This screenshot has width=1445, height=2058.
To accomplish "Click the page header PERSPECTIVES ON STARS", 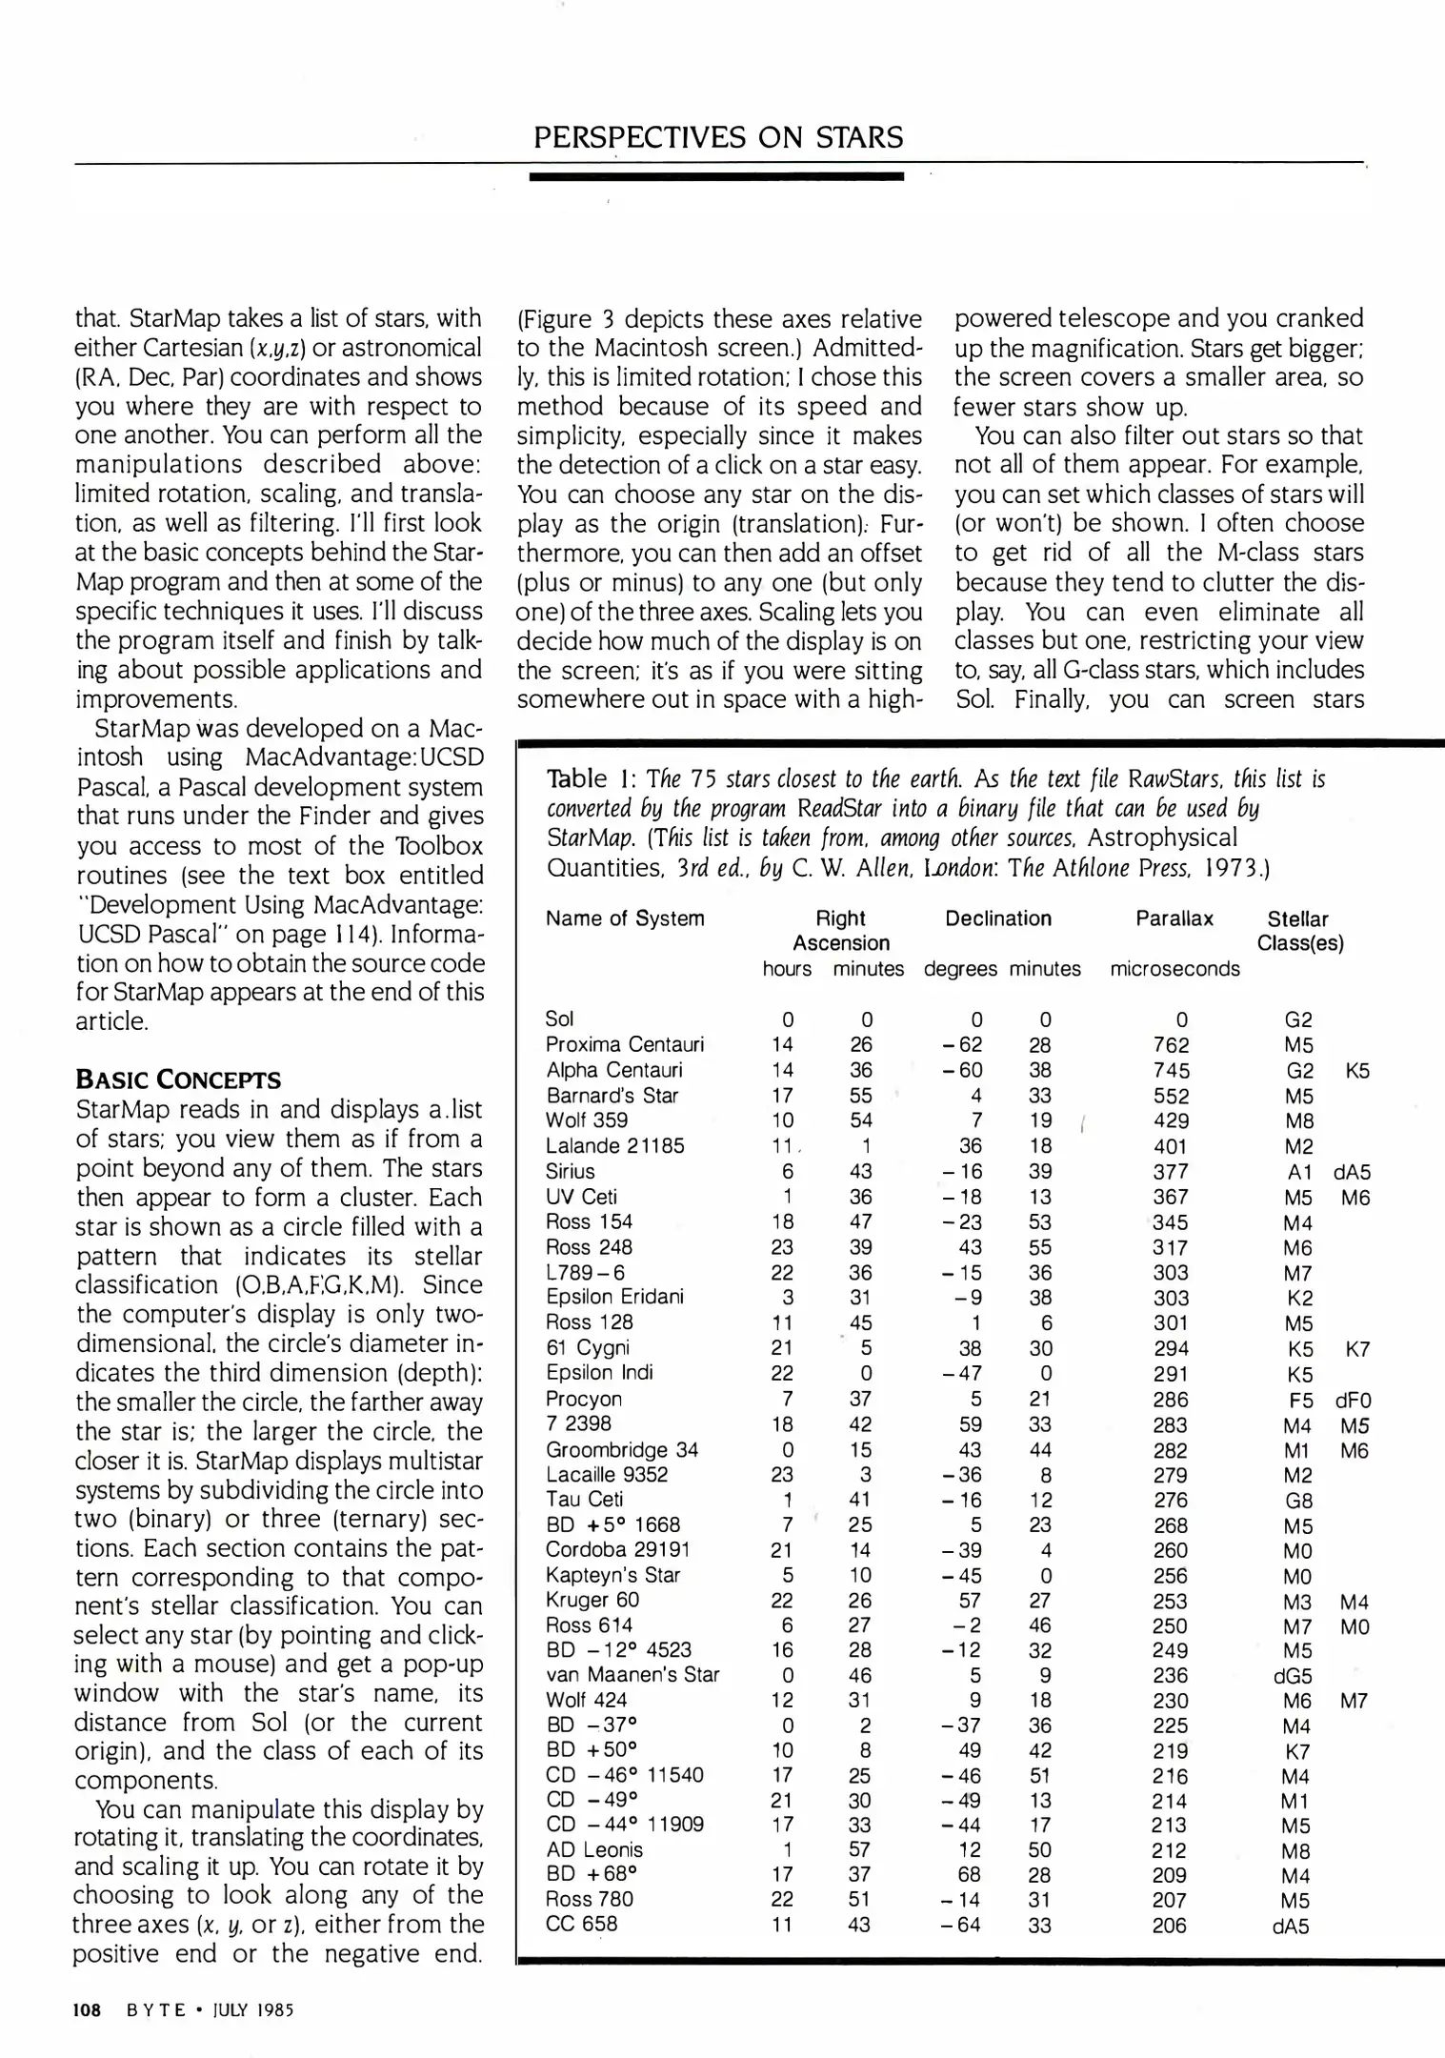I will coord(717,137).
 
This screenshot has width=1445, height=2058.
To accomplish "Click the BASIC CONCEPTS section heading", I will coord(178,1080).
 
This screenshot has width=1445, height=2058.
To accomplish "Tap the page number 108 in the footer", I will coord(87,2009).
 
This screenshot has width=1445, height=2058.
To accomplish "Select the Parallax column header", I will coord(1174,918).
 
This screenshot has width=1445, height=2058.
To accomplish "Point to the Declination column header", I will coord(998,918).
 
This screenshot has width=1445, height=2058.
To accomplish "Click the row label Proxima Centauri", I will coord(624,1045).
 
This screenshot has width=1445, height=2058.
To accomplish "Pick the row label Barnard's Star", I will coord(612,1096).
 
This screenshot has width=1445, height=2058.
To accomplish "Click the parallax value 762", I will coord(1171,1045).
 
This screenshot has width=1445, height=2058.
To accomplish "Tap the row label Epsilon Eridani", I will coord(614,1297).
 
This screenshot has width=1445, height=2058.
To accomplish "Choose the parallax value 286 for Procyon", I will coord(1171,1400).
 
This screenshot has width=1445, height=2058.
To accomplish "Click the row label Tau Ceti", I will coord(585,1500).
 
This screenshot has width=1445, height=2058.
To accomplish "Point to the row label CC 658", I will coord(581,1924).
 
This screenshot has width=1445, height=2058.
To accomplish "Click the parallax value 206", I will coord(1170,1926).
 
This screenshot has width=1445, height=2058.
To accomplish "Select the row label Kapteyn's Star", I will coord(612,1575).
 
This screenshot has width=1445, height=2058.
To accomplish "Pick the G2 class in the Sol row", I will coord(1298,1020).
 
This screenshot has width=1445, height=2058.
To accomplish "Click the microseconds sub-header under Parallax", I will coord(1174,970).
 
